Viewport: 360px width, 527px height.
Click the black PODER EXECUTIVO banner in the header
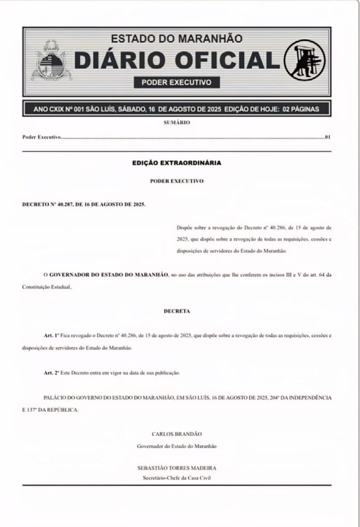177,82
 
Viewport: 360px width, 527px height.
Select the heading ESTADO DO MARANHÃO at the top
177,39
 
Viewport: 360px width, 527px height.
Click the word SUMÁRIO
177,122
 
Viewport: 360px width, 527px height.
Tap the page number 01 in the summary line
327,138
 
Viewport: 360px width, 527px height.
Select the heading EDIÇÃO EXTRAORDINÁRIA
177,163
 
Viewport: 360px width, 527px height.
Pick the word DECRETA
177,311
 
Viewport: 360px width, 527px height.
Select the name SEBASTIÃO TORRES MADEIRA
177,468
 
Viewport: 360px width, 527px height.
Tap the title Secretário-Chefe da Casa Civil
177,478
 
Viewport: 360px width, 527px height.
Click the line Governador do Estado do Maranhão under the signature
177,446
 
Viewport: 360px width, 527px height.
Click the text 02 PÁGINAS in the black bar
301,109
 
